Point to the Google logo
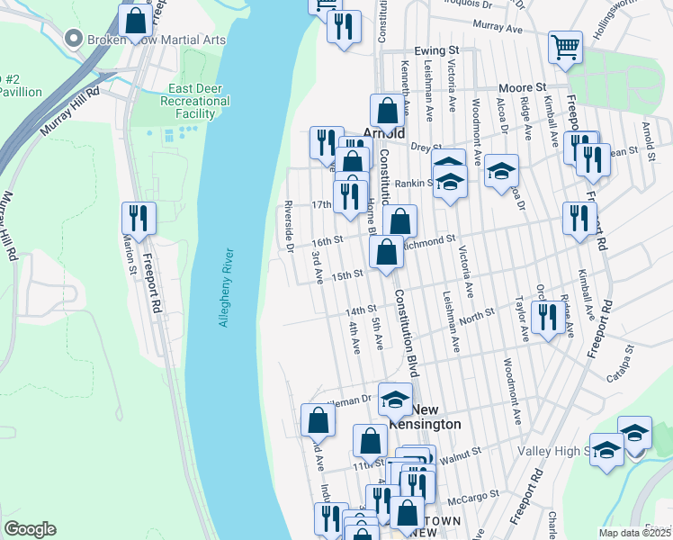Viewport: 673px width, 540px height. click(30, 529)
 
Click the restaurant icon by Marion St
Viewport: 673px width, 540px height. click(139, 217)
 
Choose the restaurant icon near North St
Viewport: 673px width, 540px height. click(546, 316)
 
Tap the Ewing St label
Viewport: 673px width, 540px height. click(437, 51)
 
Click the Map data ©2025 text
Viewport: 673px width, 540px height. click(634, 533)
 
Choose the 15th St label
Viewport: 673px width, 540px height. click(346, 274)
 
